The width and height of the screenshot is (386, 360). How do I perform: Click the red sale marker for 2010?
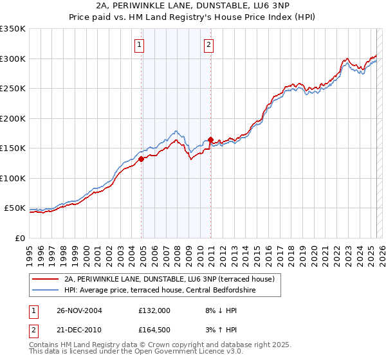(x=210, y=139)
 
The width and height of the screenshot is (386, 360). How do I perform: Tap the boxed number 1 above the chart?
(x=140, y=44)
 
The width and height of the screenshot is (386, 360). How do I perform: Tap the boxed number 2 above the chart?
(x=209, y=44)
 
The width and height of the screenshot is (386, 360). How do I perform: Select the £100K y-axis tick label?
(x=13, y=178)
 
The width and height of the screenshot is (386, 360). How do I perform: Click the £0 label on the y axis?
(x=20, y=238)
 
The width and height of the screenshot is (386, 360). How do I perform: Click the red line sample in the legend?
(x=45, y=279)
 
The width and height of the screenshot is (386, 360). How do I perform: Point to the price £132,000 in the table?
(x=154, y=310)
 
